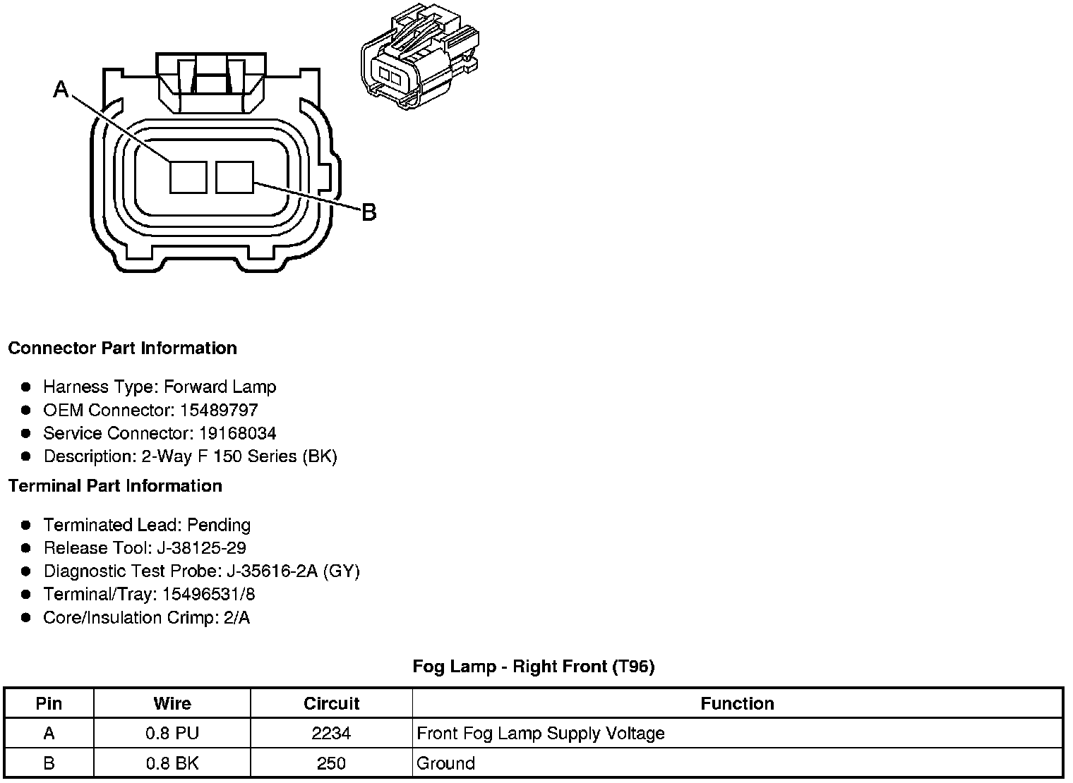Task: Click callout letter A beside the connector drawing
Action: (61, 89)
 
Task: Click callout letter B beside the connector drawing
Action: (368, 212)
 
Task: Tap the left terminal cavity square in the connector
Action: (188, 176)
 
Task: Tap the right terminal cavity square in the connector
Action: (234, 176)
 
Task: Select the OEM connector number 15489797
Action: (219, 410)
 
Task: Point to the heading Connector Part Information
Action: (122, 348)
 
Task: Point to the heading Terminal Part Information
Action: (115, 486)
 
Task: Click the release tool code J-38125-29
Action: (203, 548)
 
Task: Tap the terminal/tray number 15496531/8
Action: (208, 595)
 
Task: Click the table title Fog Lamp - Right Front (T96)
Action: (534, 667)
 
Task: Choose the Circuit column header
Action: (331, 704)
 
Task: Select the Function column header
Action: (737, 704)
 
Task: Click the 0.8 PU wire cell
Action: (172, 734)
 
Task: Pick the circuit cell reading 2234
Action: (331, 734)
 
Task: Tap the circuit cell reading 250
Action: (331, 763)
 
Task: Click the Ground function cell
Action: (446, 763)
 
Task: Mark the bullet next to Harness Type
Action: (26, 387)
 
